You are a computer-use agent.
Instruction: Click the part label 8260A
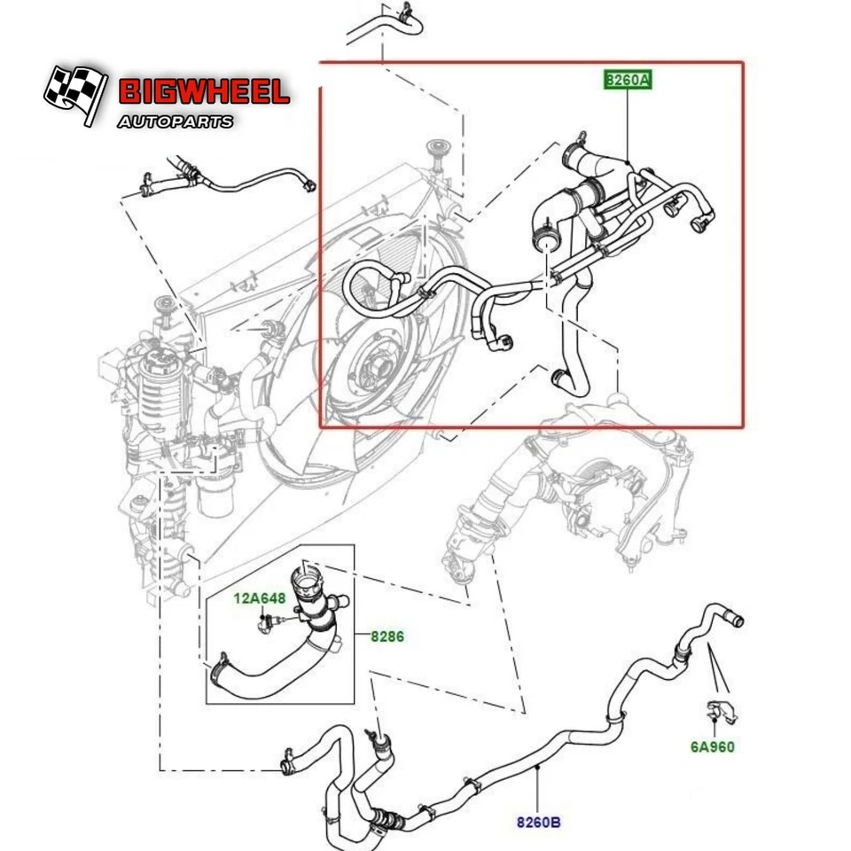pyautogui.click(x=628, y=81)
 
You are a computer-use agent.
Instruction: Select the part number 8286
pyautogui.click(x=386, y=636)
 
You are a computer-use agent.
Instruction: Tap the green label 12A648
pyautogui.click(x=255, y=597)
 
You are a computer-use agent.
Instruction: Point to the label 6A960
pyautogui.click(x=713, y=746)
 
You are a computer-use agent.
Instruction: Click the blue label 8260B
pyautogui.click(x=539, y=823)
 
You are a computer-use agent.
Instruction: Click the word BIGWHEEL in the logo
pyautogui.click(x=203, y=92)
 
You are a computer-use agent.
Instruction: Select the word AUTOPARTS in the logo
pyautogui.click(x=176, y=121)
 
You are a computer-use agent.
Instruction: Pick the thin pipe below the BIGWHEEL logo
pyautogui.click(x=222, y=181)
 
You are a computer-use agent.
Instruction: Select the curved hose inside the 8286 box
pyautogui.click(x=266, y=679)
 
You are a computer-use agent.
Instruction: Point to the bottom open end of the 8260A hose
pyautogui.click(x=558, y=381)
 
